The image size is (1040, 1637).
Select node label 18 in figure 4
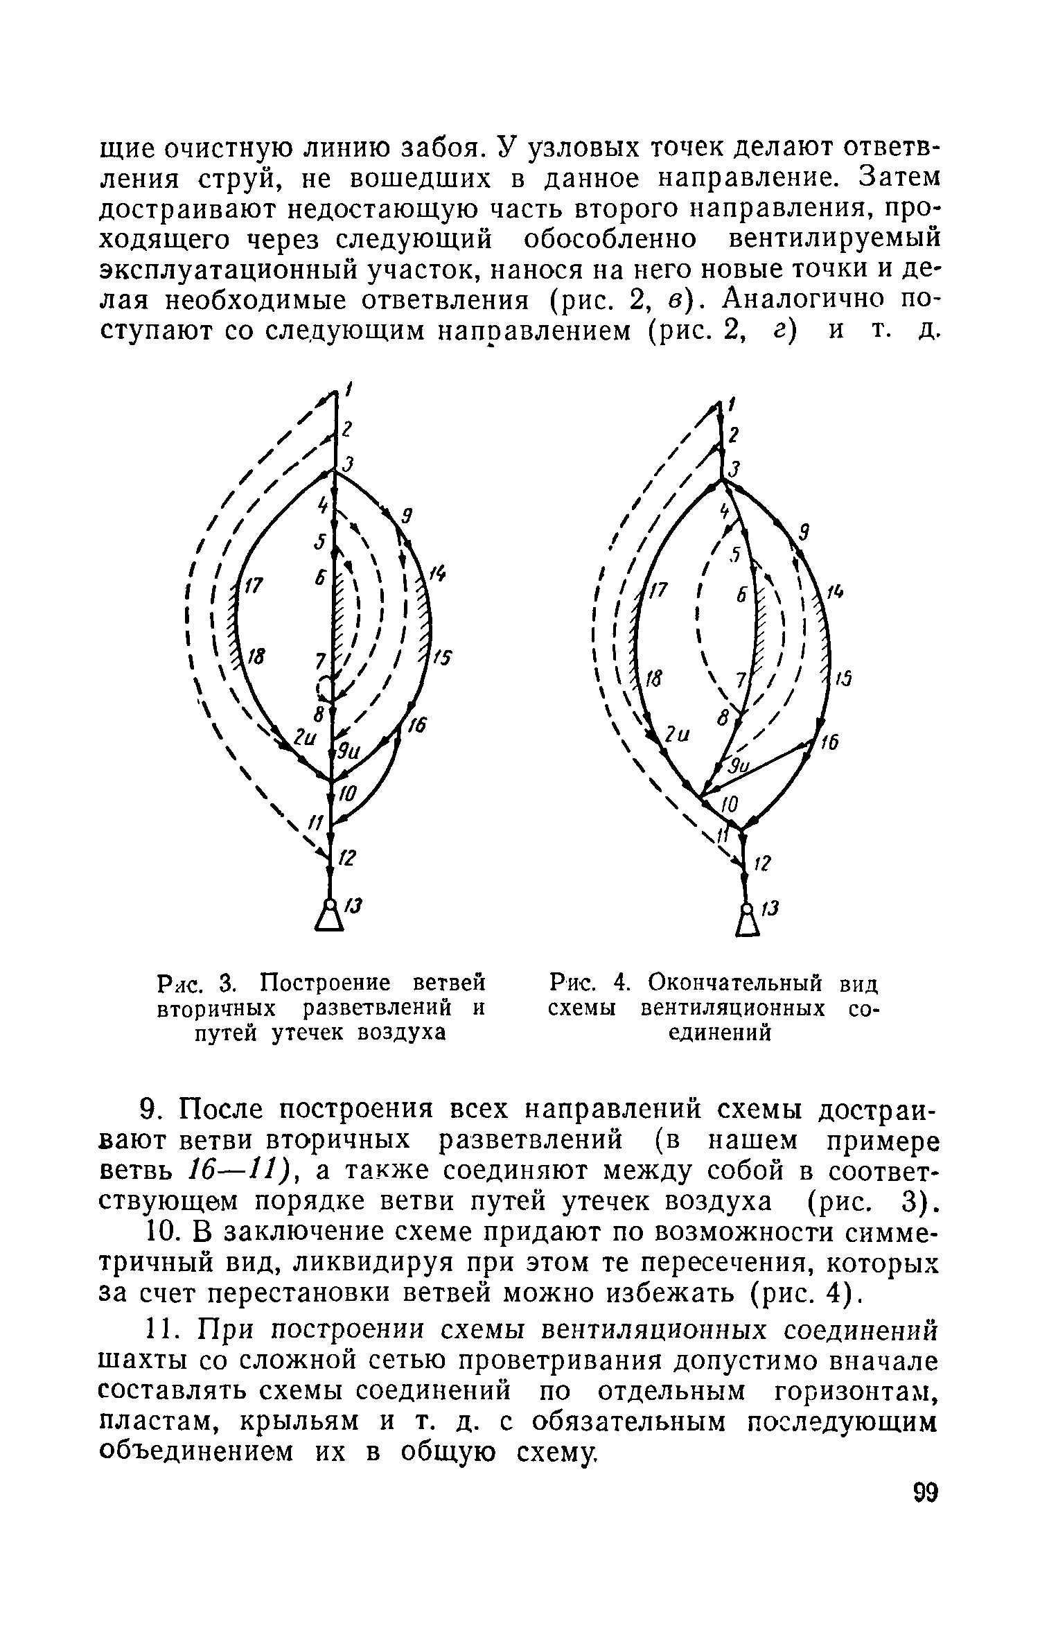pyautogui.click(x=653, y=679)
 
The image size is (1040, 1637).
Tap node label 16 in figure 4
pyautogui.click(x=829, y=744)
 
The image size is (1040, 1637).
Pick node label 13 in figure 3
pyautogui.click(x=354, y=907)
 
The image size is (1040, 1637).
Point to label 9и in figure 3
pyautogui.click(x=346, y=751)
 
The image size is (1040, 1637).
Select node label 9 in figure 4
pyautogui.click(x=804, y=532)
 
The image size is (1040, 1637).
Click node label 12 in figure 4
pyautogui.click(x=763, y=864)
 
